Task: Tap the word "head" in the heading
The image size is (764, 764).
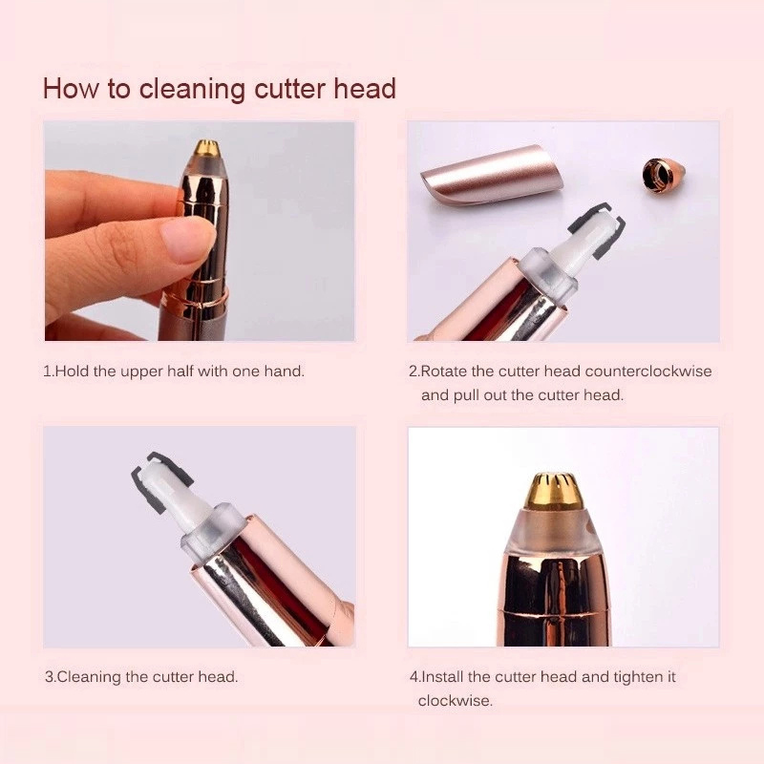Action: (365, 88)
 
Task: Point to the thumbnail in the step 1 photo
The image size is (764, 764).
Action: (187, 239)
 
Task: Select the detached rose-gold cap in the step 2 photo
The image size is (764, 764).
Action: (493, 174)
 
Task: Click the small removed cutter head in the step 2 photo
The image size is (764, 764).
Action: (664, 175)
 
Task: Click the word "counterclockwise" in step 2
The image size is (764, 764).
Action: (648, 371)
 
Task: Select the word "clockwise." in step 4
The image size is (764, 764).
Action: (456, 701)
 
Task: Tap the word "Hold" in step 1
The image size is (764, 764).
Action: (73, 371)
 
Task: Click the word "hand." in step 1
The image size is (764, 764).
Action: (284, 371)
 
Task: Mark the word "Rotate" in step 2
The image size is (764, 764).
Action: (443, 371)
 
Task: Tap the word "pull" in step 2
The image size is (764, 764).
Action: (466, 395)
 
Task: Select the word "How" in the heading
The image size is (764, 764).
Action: (71, 88)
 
